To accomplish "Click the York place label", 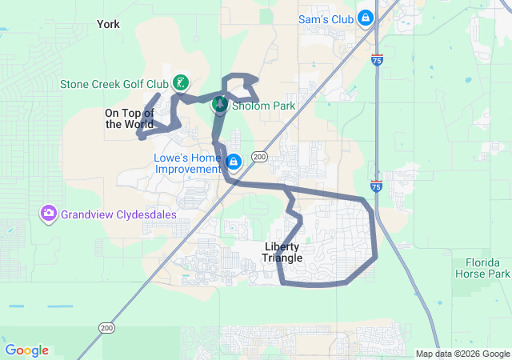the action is pos(108,24).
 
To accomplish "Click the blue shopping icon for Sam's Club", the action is pos(366,17).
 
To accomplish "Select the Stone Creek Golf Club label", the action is pos(114,83).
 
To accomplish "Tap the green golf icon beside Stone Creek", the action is pos(182,82).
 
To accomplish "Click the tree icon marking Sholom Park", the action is pos(219,104).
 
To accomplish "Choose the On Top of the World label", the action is pos(129,118).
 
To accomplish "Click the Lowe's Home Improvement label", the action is pos(187,163).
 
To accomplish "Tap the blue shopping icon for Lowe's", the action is pos(233,162).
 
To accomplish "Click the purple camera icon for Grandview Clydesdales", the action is pos(49,213).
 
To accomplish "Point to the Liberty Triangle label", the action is pos(282,252).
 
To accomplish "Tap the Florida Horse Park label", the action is pos(487,268).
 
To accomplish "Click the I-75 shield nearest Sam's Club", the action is pos(377,59).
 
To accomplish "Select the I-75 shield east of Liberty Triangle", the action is pos(377,186).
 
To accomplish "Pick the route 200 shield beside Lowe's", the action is pos(259,157).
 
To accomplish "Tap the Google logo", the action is pos(26,350).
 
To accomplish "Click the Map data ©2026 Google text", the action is pos(462,354).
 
